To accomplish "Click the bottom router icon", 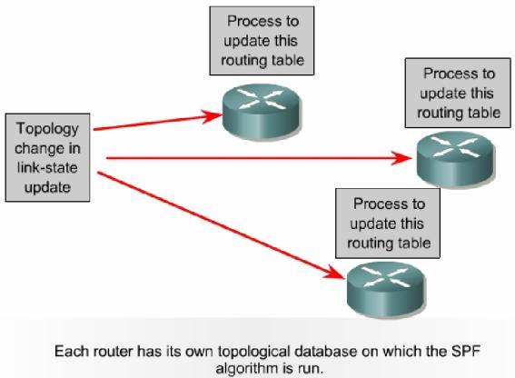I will [x=374, y=283].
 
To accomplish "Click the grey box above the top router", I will [x=261, y=42].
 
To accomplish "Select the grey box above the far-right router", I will [x=458, y=94].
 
